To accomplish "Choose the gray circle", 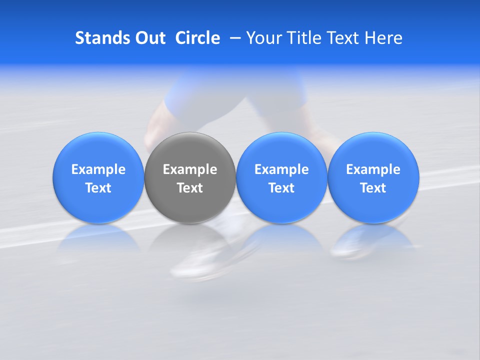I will pos(190,178).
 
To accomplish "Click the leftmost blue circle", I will pos(98,178).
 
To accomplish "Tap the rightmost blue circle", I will pos(373,178).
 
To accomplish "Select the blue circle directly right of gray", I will pos(281,178).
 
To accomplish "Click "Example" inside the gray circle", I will pos(190,169).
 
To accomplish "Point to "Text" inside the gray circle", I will pos(190,188).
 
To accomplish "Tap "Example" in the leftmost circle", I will pos(98,169).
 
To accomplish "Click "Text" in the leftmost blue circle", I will pos(98,188).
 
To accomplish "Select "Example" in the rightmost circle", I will pos(373,169).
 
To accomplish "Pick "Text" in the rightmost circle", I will pos(373,188).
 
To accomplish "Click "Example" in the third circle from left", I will pos(281,169).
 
